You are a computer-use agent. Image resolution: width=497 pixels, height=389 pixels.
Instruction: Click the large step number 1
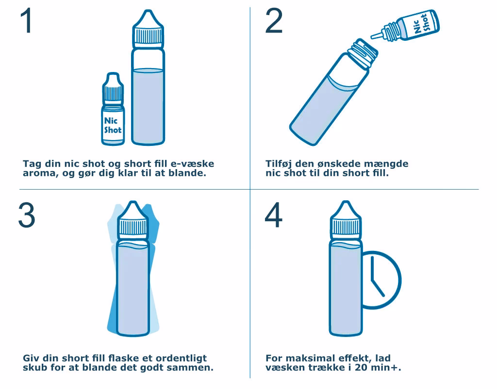pyautogui.click(x=27, y=20)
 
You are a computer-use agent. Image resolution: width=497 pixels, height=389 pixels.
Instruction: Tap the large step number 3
pyautogui.click(x=27, y=215)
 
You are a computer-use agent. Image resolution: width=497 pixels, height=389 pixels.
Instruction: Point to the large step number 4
pyautogui.click(x=273, y=215)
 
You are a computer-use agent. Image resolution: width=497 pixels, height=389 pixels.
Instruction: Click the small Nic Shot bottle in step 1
pyautogui.click(x=113, y=109)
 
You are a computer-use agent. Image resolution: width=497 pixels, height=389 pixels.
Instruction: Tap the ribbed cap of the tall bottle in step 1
pyautogui.click(x=148, y=35)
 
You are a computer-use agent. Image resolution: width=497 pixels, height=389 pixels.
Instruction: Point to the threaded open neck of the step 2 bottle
pyautogui.click(x=363, y=53)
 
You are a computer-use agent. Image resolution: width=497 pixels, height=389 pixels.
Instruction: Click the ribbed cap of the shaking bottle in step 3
pyautogui.click(x=133, y=228)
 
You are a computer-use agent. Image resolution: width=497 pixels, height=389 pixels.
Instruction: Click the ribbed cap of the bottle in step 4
pyautogui.click(x=346, y=228)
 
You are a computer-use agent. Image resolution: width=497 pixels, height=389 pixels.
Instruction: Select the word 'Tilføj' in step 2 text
pyautogui.click(x=279, y=164)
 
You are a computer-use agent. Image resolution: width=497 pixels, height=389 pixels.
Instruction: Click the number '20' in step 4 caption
pyautogui.click(x=361, y=368)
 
